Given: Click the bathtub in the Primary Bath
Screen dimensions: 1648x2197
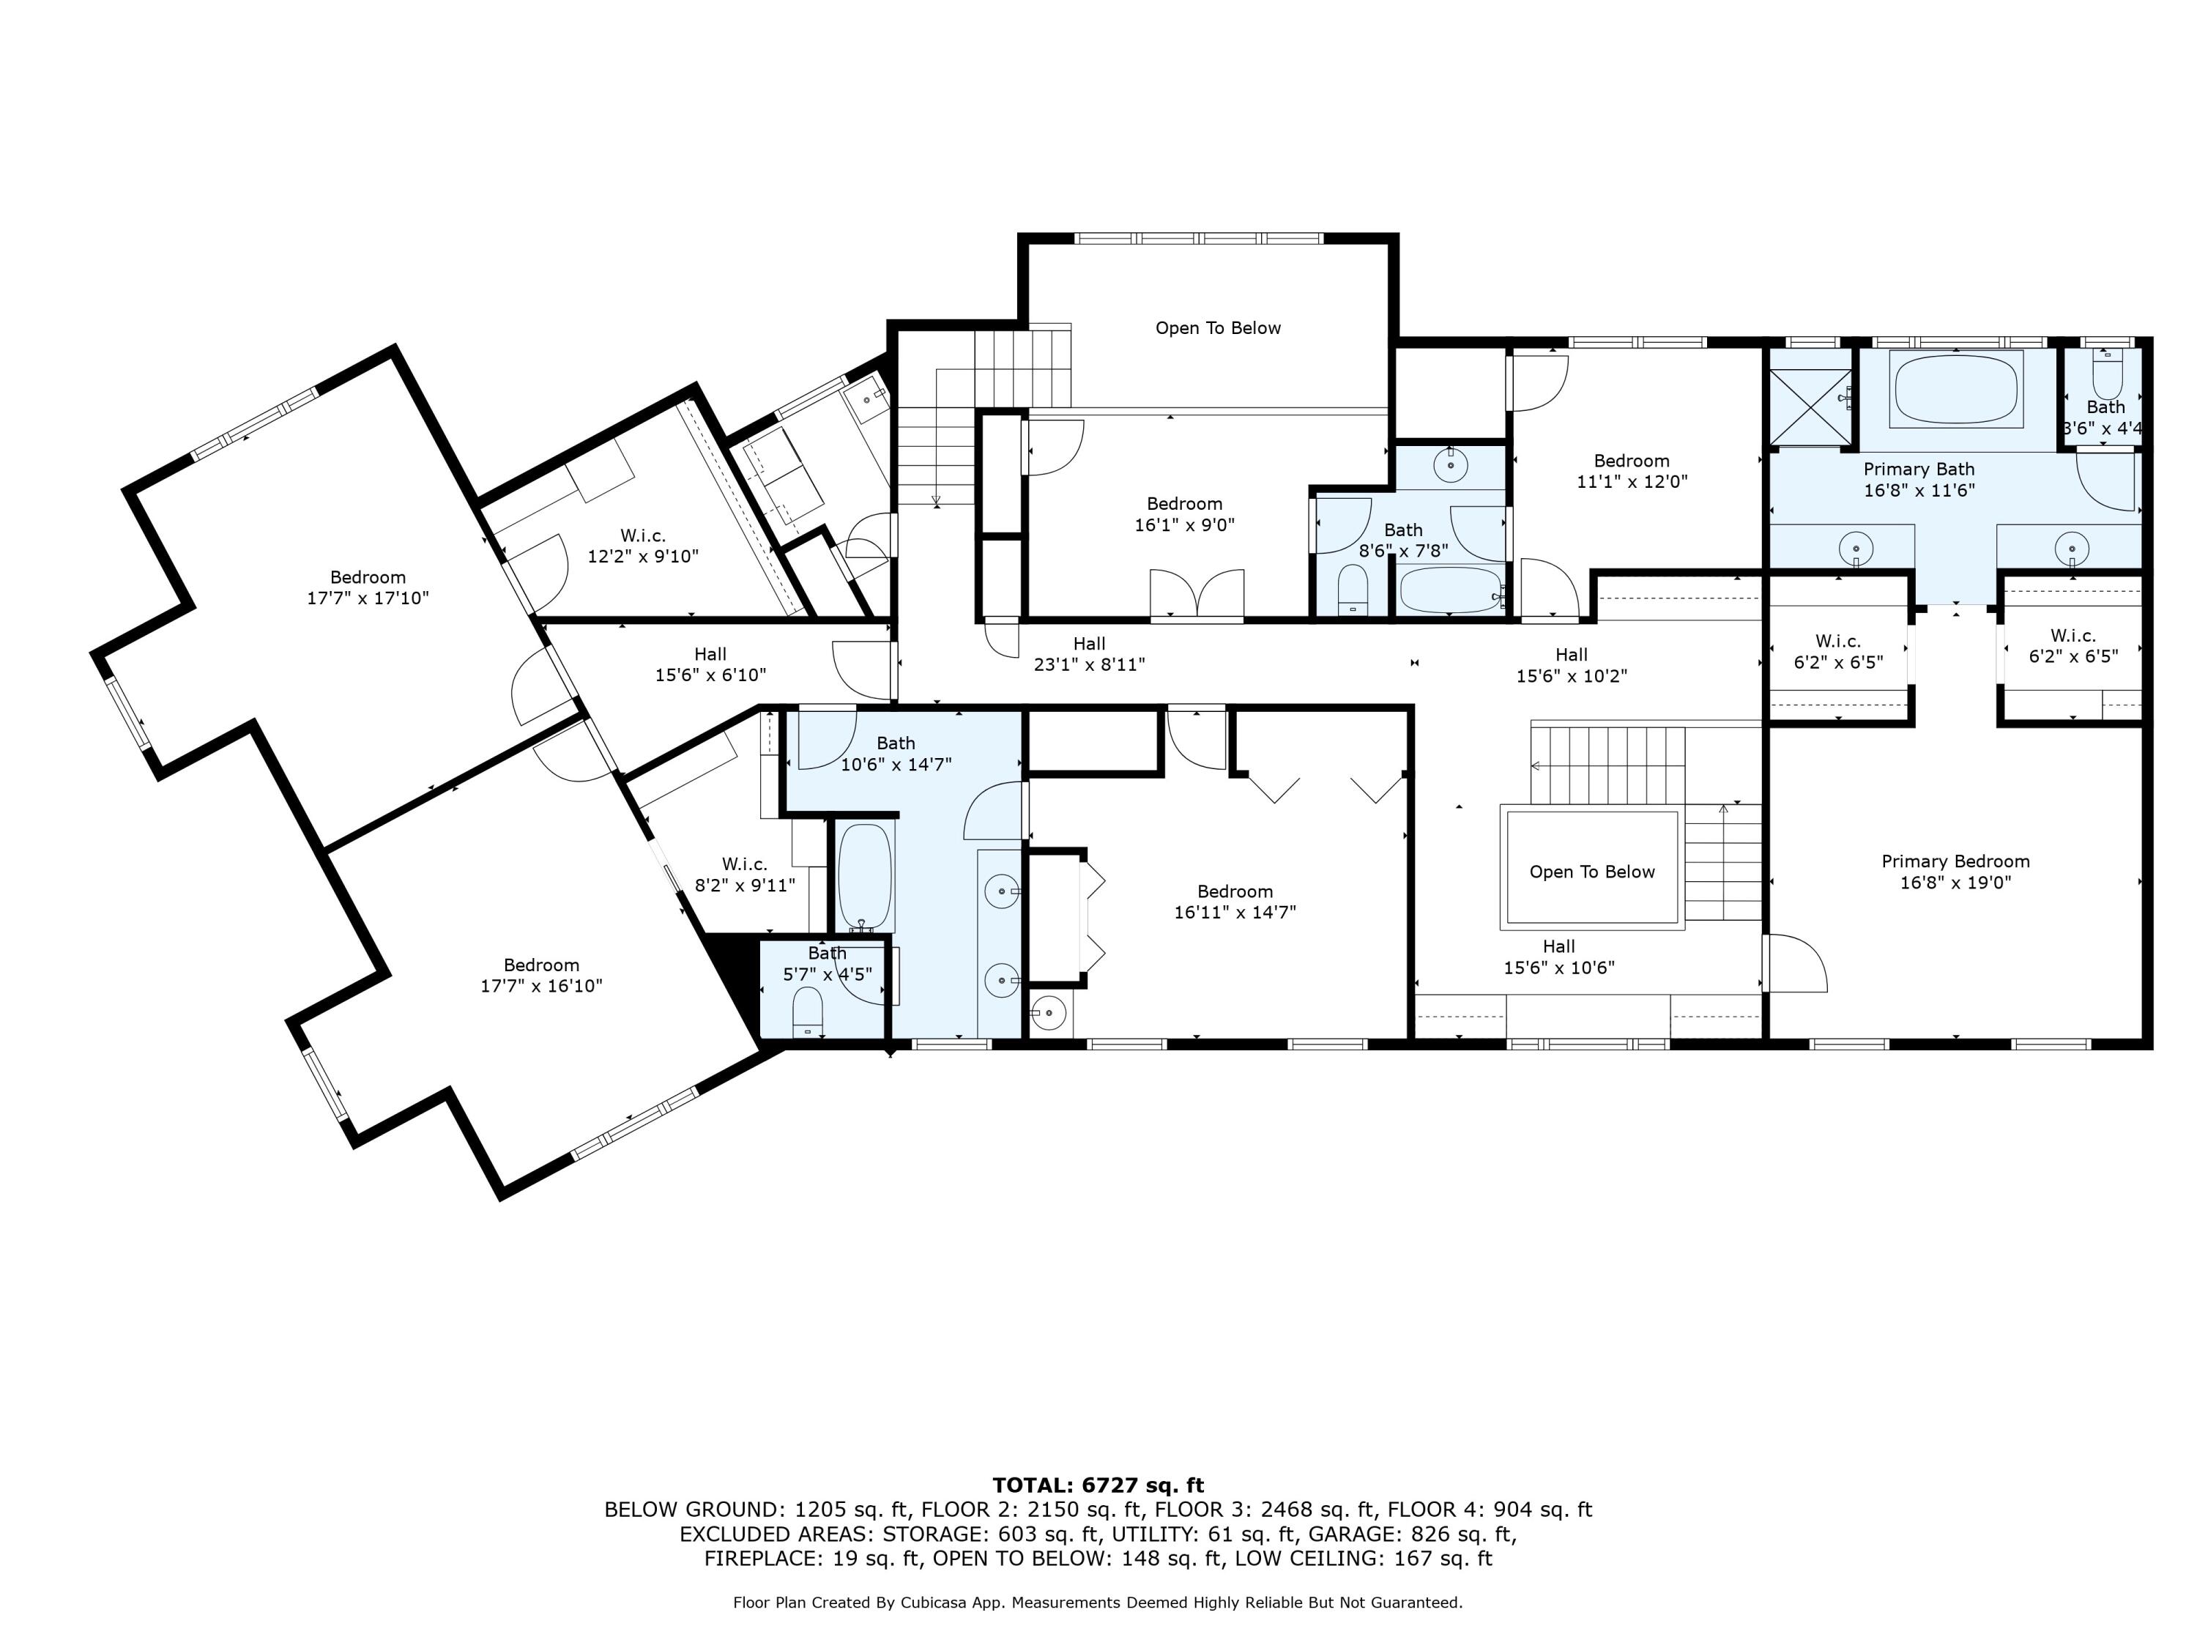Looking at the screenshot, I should [1957, 390].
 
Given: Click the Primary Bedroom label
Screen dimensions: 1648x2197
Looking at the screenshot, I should [1955, 861].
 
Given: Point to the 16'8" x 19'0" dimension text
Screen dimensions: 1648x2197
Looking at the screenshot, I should [1955, 882].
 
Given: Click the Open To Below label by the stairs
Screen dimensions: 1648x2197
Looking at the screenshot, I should [1591, 871].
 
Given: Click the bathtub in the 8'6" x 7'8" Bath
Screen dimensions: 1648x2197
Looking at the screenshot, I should [1450, 590].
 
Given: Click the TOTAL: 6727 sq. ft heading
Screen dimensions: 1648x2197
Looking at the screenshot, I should [1098, 1485].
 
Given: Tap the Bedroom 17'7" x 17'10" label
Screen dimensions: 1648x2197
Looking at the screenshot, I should [368, 587].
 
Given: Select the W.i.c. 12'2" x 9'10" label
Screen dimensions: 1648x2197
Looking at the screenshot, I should [642, 546].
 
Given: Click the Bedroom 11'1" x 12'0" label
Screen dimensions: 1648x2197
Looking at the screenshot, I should [1631, 471].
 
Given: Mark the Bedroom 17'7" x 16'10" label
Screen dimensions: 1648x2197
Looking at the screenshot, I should [540, 974].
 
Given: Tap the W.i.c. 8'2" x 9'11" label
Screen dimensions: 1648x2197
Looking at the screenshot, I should [744, 874].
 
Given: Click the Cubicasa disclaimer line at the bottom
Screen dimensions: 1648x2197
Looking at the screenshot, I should [1098, 1603].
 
